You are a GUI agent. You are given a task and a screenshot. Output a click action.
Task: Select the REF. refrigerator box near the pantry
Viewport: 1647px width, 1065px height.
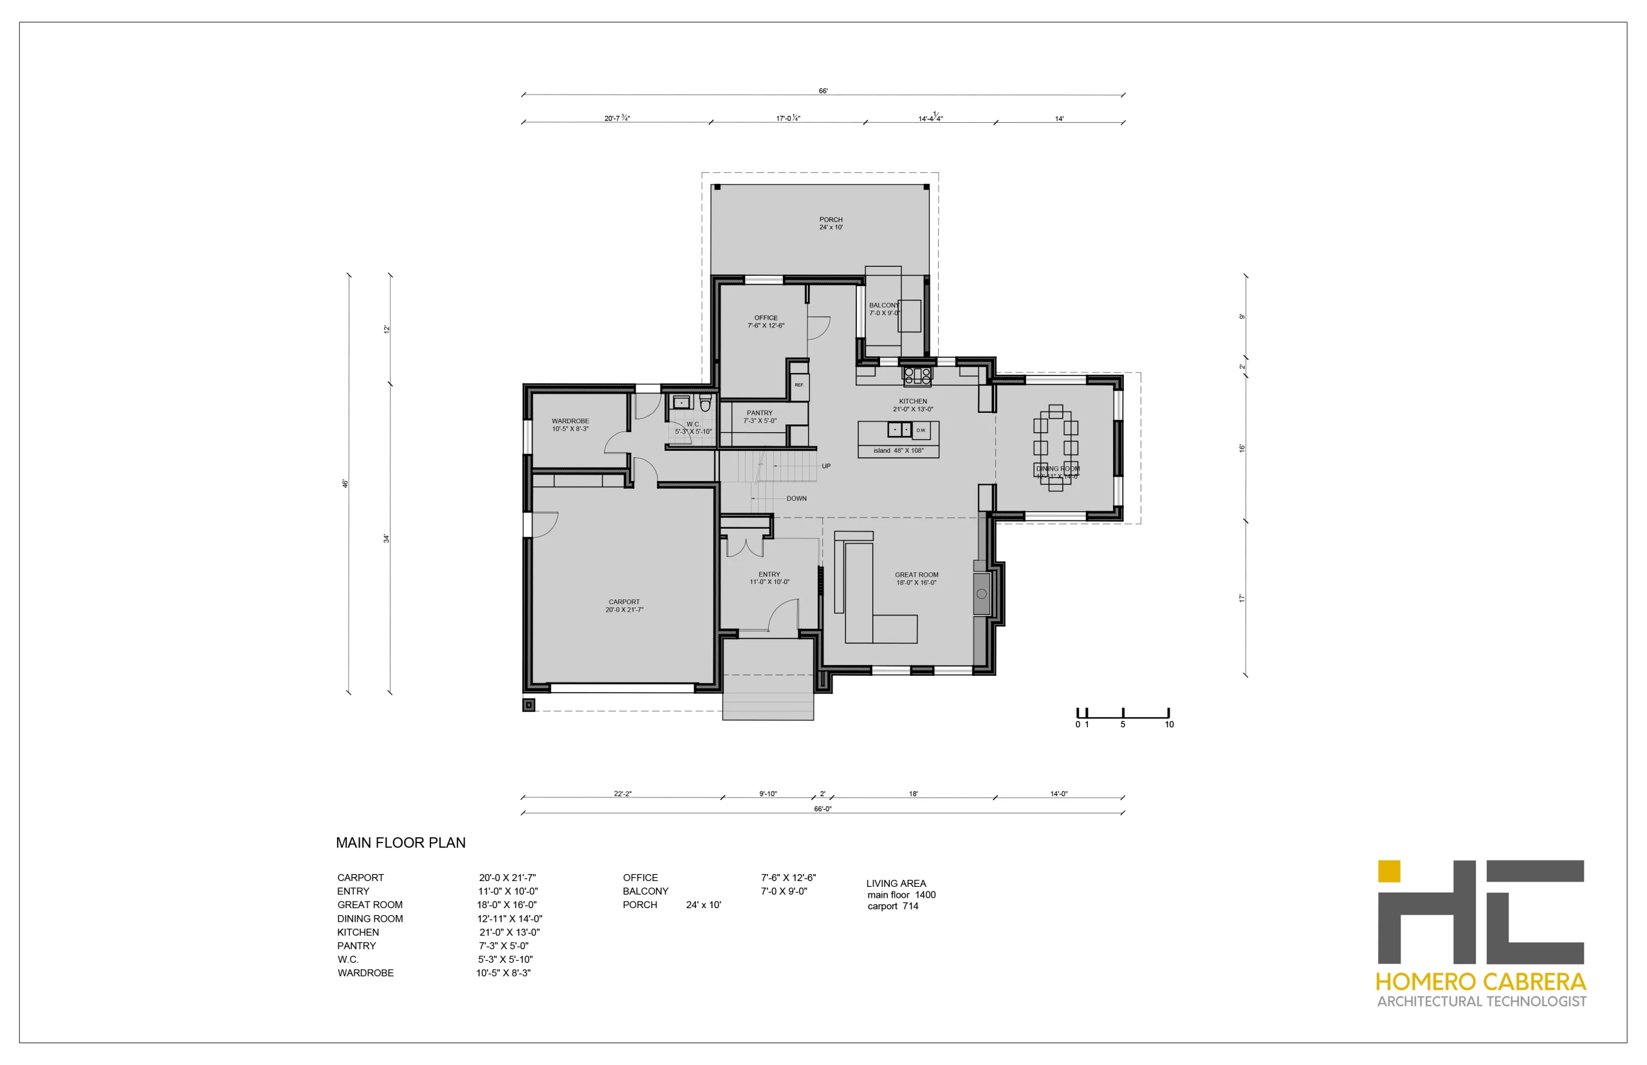pos(799,385)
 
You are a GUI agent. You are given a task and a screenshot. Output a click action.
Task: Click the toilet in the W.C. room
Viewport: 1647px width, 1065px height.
pos(705,403)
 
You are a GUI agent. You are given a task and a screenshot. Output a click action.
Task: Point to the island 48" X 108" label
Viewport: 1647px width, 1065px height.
pos(898,451)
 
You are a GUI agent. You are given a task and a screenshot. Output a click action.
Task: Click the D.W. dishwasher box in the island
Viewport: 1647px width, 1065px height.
pos(921,430)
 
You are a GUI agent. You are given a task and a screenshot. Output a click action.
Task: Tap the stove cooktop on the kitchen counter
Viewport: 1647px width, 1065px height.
pos(917,376)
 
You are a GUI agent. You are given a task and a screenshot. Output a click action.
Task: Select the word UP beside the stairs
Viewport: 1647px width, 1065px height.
pos(826,466)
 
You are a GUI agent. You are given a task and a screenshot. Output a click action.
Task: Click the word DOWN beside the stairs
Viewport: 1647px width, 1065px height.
pos(796,498)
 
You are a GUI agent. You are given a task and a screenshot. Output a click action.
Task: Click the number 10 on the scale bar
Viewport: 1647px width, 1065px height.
pos(1168,725)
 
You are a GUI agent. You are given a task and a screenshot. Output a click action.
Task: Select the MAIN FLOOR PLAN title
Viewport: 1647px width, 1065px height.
pos(401,843)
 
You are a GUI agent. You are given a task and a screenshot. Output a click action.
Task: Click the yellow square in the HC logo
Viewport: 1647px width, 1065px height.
pos(1388,871)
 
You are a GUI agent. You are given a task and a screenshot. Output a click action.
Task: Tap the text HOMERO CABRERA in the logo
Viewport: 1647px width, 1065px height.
pos(1480,982)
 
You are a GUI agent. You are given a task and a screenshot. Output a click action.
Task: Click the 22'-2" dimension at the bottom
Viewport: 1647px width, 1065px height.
pos(623,794)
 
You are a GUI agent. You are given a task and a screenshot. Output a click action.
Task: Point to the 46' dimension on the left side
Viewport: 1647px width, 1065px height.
pos(344,484)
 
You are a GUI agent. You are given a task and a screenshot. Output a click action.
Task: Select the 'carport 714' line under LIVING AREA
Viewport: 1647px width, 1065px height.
pos(892,907)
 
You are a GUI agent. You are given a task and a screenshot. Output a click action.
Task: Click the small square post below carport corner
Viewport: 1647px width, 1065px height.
pos(528,705)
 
